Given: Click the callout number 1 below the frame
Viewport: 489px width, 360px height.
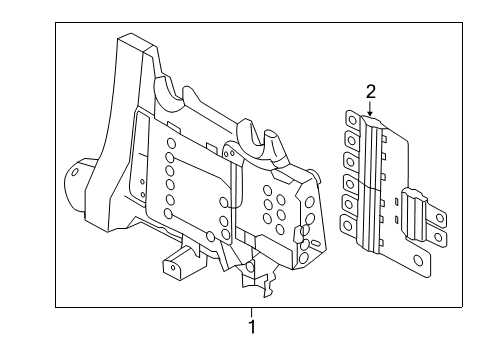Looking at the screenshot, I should (x=252, y=326).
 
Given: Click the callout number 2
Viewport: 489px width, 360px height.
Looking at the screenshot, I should (x=370, y=92).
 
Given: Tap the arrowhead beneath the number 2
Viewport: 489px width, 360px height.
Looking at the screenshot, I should (x=370, y=115).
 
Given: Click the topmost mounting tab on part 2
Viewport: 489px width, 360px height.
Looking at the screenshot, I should (x=350, y=120).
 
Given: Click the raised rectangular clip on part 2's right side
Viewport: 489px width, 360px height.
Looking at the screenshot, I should (x=410, y=201).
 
